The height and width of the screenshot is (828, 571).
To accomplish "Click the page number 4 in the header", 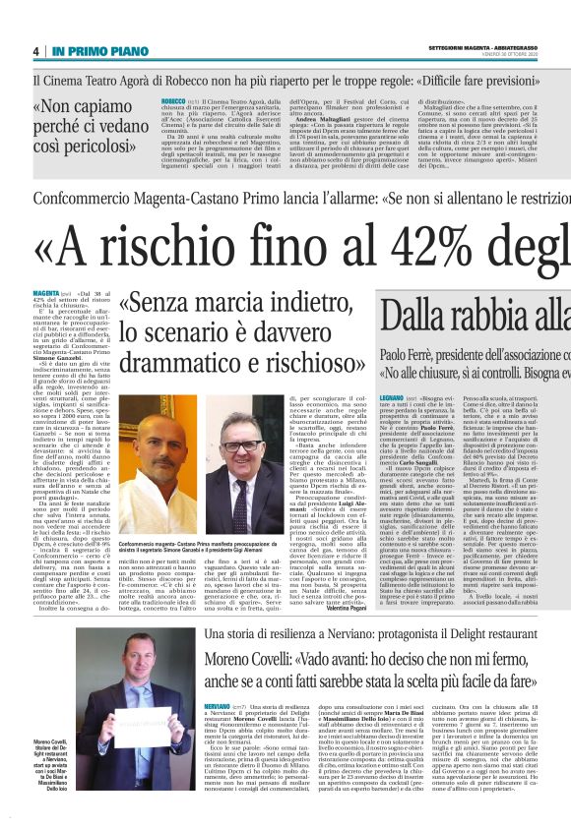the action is tap(35, 50).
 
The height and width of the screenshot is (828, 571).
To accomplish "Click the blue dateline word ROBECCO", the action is tap(174, 101).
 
